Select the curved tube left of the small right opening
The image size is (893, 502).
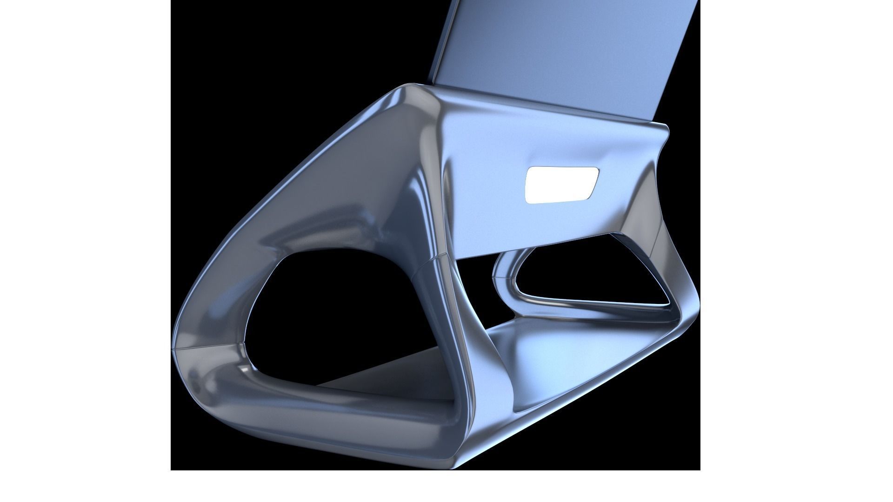point(505,288)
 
